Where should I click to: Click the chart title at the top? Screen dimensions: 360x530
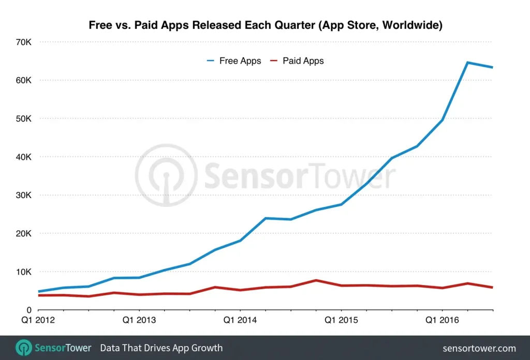[x=265, y=25]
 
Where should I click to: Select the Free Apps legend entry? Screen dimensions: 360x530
[x=234, y=61]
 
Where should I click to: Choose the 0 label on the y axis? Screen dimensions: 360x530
[x=29, y=310]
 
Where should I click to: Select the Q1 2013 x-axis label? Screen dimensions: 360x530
[x=139, y=321]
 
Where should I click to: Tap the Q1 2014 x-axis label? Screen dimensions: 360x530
[x=240, y=321]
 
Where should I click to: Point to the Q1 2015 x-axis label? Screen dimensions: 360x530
[x=341, y=321]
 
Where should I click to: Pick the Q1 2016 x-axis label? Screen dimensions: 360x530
[x=441, y=321]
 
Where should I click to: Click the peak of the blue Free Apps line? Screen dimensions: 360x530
[x=467, y=63]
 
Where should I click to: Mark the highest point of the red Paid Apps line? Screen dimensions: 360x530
[x=316, y=280]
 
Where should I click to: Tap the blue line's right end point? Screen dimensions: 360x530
[x=492, y=67]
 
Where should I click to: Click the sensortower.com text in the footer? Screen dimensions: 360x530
[x=480, y=348]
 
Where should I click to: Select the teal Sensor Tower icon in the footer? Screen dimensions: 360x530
[x=24, y=348]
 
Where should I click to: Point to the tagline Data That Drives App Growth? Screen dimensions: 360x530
[x=161, y=348]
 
